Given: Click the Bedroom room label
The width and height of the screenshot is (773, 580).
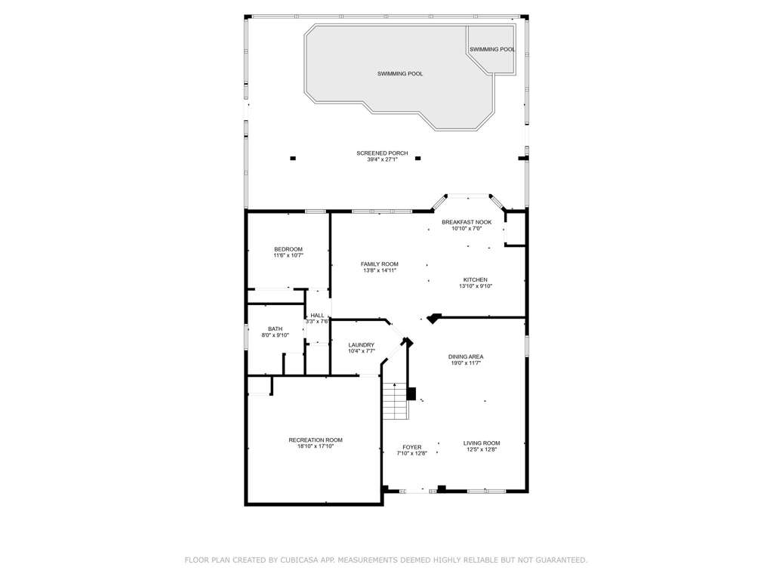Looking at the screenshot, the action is click(x=288, y=249).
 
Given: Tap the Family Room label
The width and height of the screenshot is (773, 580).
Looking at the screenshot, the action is click(x=380, y=264).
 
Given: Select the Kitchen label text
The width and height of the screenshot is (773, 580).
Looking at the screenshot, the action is click(x=476, y=279).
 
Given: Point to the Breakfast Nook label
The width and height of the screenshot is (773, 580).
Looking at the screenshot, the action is click(x=467, y=223).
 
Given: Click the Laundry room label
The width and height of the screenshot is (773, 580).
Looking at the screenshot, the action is click(x=362, y=345).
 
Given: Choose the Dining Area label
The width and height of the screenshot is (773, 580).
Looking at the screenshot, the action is click(x=466, y=356).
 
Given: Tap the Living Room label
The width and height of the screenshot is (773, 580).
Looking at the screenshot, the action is click(x=482, y=443).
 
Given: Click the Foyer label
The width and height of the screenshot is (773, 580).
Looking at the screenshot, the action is click(x=411, y=447).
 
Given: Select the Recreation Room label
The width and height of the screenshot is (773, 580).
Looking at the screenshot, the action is click(x=316, y=440).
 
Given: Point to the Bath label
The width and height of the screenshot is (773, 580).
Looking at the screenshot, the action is click(x=275, y=329).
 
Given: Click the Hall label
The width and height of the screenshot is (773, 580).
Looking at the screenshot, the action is click(x=318, y=316).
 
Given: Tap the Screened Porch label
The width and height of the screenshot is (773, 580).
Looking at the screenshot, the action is click(x=382, y=153).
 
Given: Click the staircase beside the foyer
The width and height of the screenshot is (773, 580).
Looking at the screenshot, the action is click(x=396, y=401).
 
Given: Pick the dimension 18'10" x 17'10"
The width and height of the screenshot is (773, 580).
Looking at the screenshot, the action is click(x=316, y=446).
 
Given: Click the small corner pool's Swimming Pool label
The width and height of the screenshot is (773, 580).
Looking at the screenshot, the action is click(x=492, y=49).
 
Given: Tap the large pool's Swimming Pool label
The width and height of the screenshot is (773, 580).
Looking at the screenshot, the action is click(x=400, y=74).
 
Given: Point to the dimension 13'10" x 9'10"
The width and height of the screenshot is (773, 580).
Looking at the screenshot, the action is click(x=476, y=286).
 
